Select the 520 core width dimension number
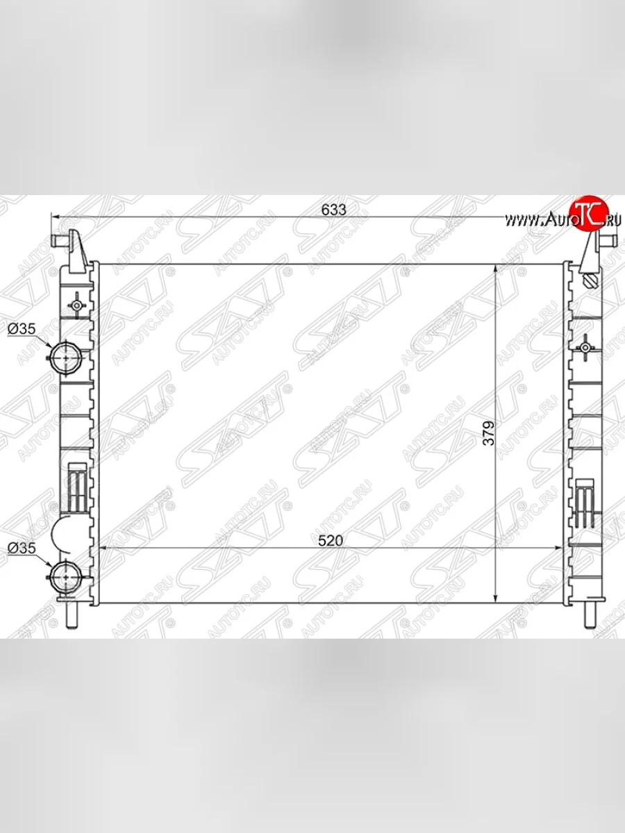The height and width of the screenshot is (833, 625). (331, 541)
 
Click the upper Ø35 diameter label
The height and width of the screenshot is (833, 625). (22, 330)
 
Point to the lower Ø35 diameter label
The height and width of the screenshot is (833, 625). (22, 548)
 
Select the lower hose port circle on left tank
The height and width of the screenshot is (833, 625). (67, 575)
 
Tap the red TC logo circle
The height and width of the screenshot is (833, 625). (588, 212)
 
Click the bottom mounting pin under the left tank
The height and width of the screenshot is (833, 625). (73, 615)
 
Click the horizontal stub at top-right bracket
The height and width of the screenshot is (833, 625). (606, 240)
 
